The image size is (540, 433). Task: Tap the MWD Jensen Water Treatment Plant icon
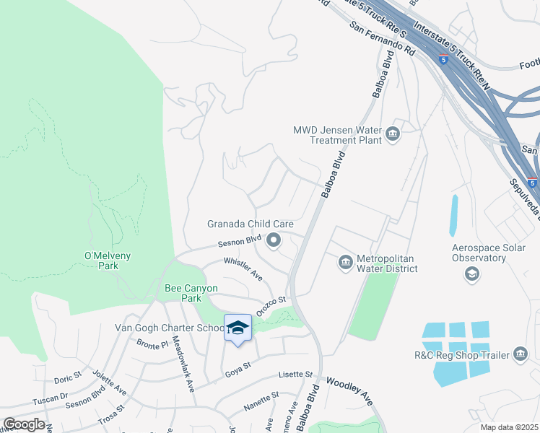pos(393,134)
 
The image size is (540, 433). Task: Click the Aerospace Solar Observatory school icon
pos(472,273)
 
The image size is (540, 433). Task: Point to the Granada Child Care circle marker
pos(274,240)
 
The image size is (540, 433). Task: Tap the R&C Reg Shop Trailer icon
pos(521,354)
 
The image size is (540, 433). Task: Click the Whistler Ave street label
pos(243,268)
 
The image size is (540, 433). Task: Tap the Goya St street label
pos(237,372)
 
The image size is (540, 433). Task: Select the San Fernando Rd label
pos(383,39)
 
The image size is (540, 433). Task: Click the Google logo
pos(24,424)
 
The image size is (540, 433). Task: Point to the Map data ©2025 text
pos(509,427)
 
